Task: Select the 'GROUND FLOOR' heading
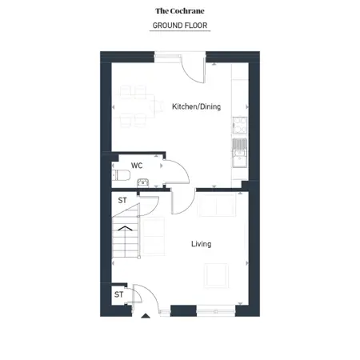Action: click(180, 26)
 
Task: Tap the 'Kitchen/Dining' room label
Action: click(196, 107)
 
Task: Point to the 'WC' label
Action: click(137, 166)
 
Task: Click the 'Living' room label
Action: click(201, 243)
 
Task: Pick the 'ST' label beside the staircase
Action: click(122, 200)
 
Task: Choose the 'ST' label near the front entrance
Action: click(118, 294)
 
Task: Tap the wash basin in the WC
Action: click(143, 183)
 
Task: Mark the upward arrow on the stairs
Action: click(123, 229)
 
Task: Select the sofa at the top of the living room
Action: click(216, 206)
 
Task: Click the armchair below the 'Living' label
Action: click(218, 275)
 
